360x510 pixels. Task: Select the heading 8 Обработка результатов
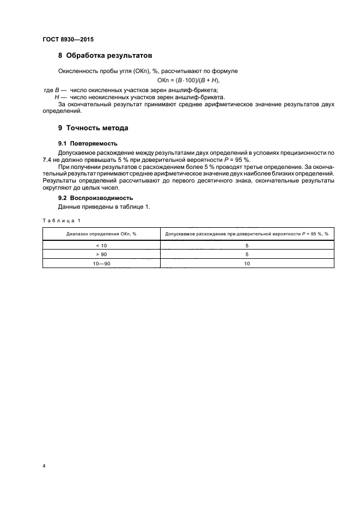105,56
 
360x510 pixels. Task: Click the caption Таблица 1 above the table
61,220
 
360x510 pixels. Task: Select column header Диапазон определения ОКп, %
101,234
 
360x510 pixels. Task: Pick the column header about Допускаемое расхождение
247,234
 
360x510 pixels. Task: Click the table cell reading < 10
101,245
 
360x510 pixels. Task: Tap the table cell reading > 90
101,254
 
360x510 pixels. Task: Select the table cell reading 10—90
101,263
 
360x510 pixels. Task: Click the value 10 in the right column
247,263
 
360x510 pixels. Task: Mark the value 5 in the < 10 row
247,245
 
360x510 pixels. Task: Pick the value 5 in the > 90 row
247,254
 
